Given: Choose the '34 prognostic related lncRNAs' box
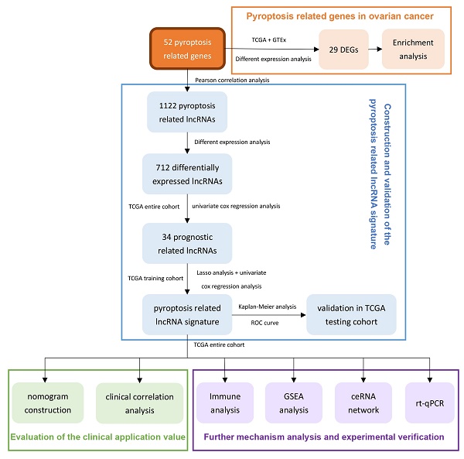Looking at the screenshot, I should pos(186,243).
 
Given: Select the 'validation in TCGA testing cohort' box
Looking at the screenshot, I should pos(351,313).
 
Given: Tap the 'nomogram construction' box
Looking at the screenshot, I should pos(49,403).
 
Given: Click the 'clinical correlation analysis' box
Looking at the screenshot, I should pos(140,403).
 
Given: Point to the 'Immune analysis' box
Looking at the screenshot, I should pos(224,403).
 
